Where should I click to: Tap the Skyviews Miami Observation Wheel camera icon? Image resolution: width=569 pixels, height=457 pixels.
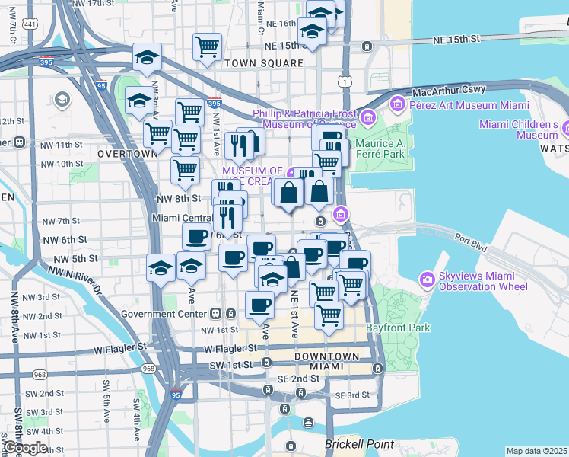click(428, 280)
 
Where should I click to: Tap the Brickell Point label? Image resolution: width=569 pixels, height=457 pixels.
click(360, 444)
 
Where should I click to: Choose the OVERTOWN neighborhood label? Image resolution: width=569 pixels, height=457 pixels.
click(126, 153)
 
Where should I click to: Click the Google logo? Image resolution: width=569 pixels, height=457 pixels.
click(24, 449)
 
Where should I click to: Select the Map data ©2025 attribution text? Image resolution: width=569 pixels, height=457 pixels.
click(537, 451)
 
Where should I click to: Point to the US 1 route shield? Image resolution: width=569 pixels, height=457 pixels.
click(346, 81)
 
